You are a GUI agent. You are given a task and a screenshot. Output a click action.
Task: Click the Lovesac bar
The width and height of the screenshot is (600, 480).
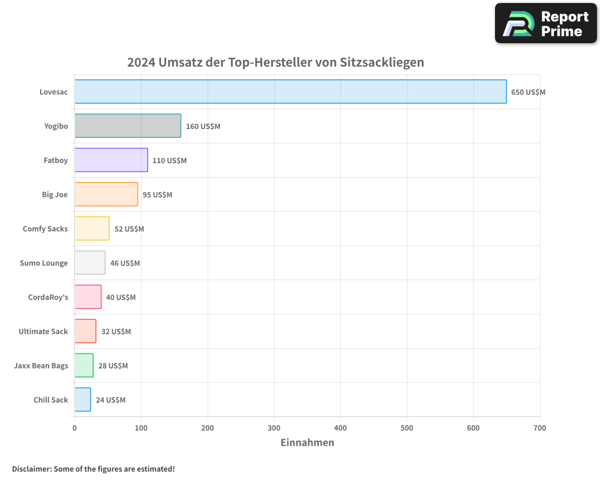(290, 92)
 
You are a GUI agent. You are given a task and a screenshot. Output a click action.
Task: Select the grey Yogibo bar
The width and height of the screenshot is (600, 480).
(128, 126)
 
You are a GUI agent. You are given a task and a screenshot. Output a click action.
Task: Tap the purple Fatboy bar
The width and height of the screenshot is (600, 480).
(111, 160)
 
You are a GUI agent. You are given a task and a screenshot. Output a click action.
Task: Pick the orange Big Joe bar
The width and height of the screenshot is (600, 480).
(106, 194)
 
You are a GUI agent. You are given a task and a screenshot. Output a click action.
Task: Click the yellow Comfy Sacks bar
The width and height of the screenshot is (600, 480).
(92, 229)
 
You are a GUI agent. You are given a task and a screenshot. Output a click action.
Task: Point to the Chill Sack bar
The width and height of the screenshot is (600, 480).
(83, 400)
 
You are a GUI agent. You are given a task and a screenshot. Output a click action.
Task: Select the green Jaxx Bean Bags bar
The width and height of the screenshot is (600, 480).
(84, 365)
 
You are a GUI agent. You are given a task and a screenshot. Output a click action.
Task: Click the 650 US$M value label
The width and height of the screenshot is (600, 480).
(528, 92)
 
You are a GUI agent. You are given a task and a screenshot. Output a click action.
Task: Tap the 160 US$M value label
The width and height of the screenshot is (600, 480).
(203, 127)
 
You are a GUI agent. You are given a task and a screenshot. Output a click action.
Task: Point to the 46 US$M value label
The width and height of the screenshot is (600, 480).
(125, 263)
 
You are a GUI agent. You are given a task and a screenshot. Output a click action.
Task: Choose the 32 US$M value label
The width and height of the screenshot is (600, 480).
(116, 332)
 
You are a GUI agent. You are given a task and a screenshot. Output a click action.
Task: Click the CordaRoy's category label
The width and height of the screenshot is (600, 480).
(48, 297)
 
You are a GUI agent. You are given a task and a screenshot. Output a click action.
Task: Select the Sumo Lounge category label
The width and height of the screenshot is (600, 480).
(44, 263)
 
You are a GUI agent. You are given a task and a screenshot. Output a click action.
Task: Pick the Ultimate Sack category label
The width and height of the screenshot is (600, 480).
(43, 331)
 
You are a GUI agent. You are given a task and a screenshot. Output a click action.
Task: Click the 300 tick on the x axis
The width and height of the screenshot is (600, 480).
(274, 428)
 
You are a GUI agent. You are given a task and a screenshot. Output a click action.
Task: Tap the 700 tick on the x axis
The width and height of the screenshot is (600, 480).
(539, 428)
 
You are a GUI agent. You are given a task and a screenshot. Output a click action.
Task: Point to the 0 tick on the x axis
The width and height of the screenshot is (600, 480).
(74, 428)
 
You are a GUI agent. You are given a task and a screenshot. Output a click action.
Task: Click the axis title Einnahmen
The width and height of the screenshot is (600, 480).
(307, 443)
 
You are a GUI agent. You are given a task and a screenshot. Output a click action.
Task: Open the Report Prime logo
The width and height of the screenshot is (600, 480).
(546, 23)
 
